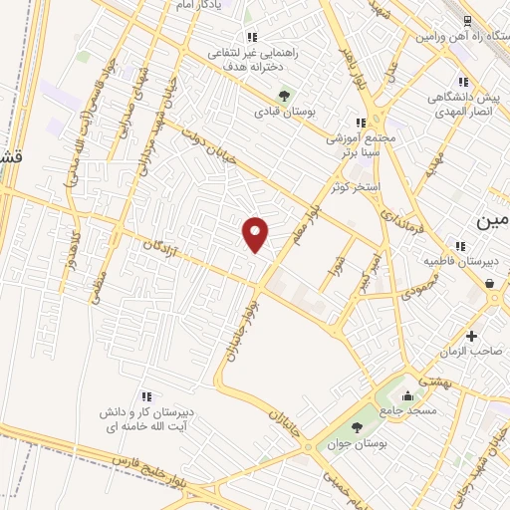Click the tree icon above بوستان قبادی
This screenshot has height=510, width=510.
(286, 96)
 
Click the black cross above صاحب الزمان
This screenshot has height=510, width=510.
(471, 336)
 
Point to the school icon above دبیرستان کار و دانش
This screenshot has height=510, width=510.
(146, 395)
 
